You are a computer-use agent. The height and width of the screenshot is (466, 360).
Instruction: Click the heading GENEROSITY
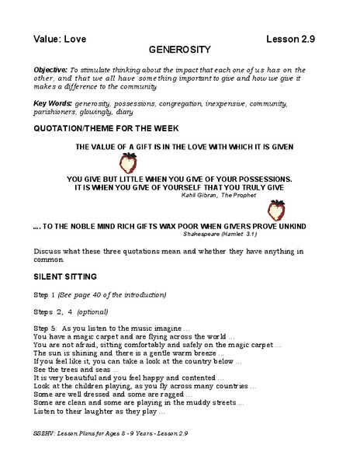click(x=180, y=47)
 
